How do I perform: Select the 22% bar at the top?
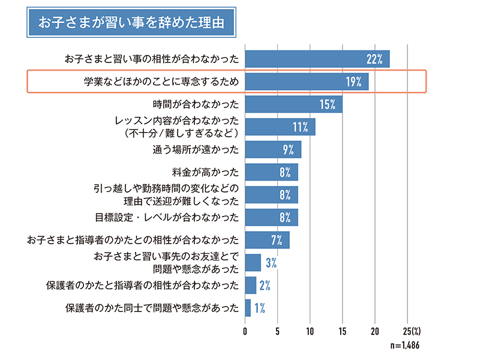pos(317,59)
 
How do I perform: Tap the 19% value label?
pos(353,82)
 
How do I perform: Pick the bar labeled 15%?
pos(293,104)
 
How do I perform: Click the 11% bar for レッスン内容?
pos(280,127)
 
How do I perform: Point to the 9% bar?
pos(272,149)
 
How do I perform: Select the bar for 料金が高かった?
pos(271,172)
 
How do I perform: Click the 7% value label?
pos(277,240)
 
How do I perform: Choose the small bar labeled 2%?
pos(250,285)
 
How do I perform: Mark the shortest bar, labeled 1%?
pos(248,308)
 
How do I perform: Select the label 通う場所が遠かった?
pos(196,149)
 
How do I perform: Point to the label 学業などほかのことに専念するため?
pos(161,82)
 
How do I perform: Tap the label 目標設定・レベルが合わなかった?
pos(167,217)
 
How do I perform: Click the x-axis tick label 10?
pos(310,331)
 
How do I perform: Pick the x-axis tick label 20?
pos(374,331)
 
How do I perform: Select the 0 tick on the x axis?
pos(245,331)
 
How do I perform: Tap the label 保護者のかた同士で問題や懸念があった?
pos(152,308)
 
